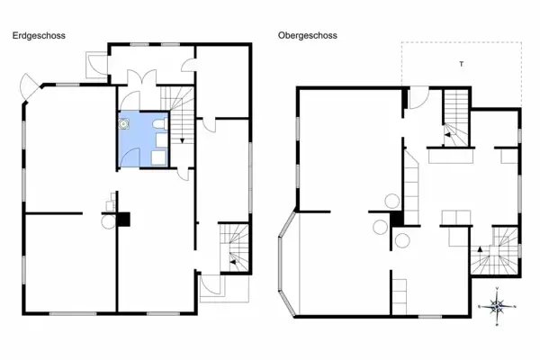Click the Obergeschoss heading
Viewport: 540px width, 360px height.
(308, 36)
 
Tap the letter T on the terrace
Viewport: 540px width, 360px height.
(461, 65)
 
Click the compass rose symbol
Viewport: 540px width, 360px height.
(498, 307)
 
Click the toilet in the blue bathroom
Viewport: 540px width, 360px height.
(159, 125)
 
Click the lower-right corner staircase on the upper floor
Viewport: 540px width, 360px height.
(495, 252)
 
